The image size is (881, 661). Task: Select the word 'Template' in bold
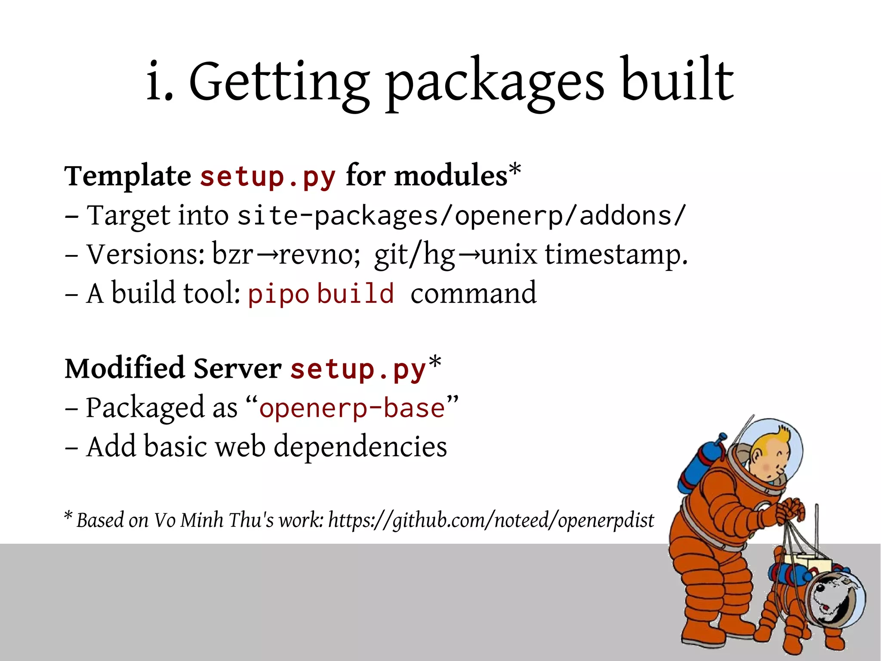127,177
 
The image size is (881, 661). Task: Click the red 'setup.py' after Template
268,177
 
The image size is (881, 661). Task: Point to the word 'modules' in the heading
450,177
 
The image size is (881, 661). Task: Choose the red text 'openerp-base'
352,408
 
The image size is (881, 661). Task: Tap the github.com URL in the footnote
490,520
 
